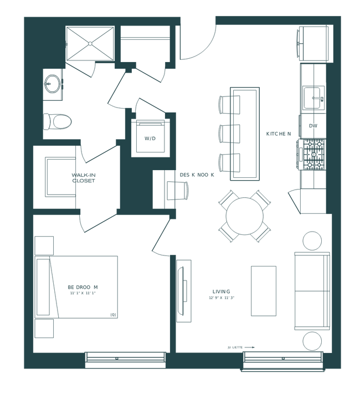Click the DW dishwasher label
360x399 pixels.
pyautogui.click(x=313, y=126)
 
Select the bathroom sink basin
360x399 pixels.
pyautogui.click(x=53, y=84)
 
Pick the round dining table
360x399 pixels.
pyautogui.click(x=244, y=216)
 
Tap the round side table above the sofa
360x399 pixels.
pyautogui.click(x=312, y=241)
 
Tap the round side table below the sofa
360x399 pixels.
pyautogui.click(x=312, y=340)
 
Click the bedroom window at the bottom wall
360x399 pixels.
pyautogui.click(x=125, y=360)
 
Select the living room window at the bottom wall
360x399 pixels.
pyautogui.click(x=282, y=360)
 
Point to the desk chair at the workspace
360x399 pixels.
pyautogui.click(x=182, y=190)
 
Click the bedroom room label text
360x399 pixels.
pyautogui.click(x=82, y=288)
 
